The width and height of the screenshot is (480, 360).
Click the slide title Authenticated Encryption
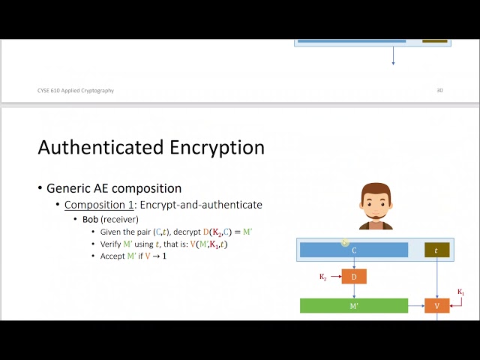coord(151,147)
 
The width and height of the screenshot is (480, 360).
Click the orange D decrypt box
coord(354,277)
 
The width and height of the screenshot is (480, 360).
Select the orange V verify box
coord(437,305)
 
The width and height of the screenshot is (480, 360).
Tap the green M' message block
coord(354,305)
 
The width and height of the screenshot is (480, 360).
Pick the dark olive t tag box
coord(436,250)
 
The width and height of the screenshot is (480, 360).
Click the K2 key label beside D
coord(323,277)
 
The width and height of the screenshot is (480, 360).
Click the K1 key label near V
coord(461,292)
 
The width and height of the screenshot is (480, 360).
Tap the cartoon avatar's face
coord(375,203)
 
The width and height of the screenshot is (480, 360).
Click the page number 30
coord(439,91)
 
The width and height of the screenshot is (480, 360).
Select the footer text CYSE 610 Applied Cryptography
coord(76,91)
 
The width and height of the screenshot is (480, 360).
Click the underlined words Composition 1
coord(97,205)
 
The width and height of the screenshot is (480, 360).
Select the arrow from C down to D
coord(354,264)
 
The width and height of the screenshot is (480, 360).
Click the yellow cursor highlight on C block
coord(345,242)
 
